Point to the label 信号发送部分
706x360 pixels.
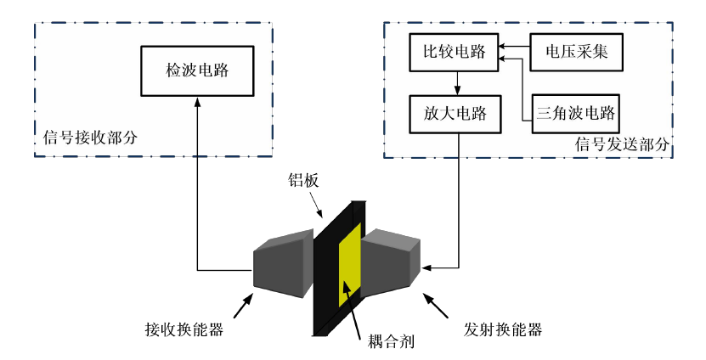tap(620, 145)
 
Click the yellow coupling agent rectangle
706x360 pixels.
tap(349, 267)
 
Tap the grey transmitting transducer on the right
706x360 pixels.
tap(390, 258)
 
